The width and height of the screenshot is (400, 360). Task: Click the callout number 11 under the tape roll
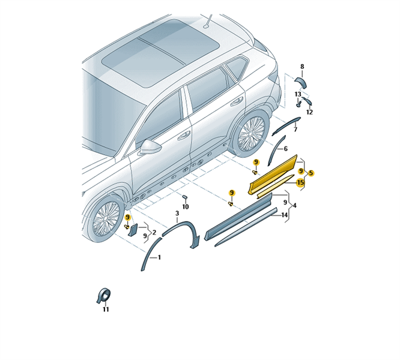(x=106, y=309)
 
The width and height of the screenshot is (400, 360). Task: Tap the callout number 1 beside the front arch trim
(x=159, y=257)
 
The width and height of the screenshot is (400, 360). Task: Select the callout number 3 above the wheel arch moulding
(x=177, y=213)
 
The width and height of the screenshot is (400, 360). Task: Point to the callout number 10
(x=186, y=206)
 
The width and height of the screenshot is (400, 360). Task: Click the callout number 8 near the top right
(x=302, y=67)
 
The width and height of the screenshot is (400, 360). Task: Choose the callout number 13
(x=298, y=94)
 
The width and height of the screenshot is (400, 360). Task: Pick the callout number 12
(x=309, y=112)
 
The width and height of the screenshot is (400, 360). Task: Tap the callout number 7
(x=295, y=130)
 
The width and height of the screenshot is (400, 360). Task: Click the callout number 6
(x=285, y=149)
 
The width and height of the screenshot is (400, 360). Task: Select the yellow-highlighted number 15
(x=300, y=182)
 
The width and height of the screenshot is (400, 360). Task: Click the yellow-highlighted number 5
(x=311, y=173)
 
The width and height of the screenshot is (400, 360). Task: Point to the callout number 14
(x=285, y=215)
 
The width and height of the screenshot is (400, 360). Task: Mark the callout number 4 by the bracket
(x=295, y=205)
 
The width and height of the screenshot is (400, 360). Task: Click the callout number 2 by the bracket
(x=154, y=232)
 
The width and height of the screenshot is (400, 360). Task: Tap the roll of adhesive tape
(x=104, y=296)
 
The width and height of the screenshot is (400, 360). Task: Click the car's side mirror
(x=150, y=146)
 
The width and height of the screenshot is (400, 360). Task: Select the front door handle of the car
(x=184, y=136)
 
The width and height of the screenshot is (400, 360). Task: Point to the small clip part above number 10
(x=185, y=197)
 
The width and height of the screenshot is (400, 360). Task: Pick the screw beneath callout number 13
(x=298, y=104)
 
